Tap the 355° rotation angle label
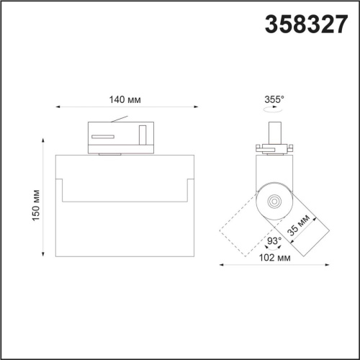tap(274, 99)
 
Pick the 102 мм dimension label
tap(275, 257)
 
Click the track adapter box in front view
tap(120, 137)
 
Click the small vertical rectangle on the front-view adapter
tap(143, 135)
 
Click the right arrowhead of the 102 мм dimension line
tap(328, 265)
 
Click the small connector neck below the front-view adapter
tap(111, 153)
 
